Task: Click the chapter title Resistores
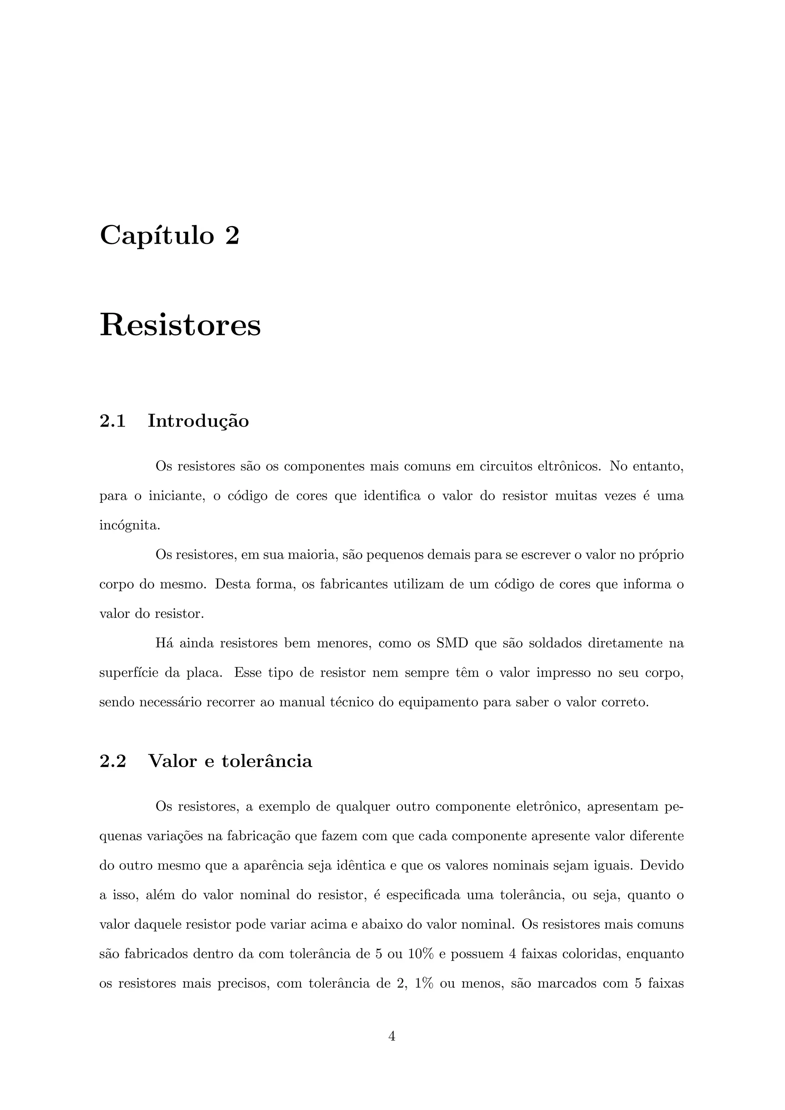click(x=180, y=325)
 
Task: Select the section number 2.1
click(x=113, y=421)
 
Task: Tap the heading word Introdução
click(x=198, y=421)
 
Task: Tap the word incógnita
click(x=129, y=525)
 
